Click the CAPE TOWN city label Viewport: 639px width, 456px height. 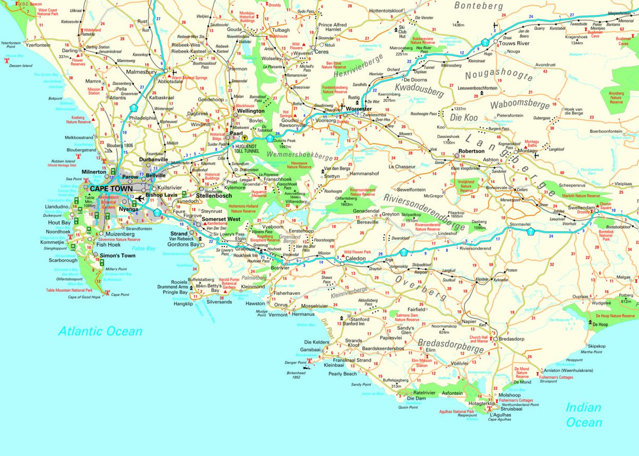point(111,189)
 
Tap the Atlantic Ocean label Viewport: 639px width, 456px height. point(101,331)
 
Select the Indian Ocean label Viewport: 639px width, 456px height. point(584,415)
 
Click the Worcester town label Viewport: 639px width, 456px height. point(358,109)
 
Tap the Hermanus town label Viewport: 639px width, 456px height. point(303,315)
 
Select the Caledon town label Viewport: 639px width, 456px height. point(356,258)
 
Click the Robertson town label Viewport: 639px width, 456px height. point(471,151)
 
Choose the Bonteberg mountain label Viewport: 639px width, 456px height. point(478,6)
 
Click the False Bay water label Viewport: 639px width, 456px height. point(143,249)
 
